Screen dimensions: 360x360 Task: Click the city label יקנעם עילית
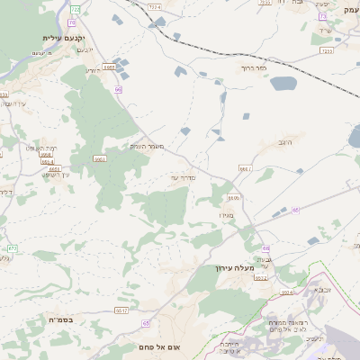click(62, 38)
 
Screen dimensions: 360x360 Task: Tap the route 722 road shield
click(75, 9)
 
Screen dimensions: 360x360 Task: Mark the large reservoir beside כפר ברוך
click(283, 84)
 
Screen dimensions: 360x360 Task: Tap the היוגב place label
click(286, 142)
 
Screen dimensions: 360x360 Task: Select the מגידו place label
click(226, 214)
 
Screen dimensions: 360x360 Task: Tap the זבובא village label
click(322, 290)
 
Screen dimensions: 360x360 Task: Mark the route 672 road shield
click(13, 247)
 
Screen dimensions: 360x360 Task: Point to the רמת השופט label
click(41, 148)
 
